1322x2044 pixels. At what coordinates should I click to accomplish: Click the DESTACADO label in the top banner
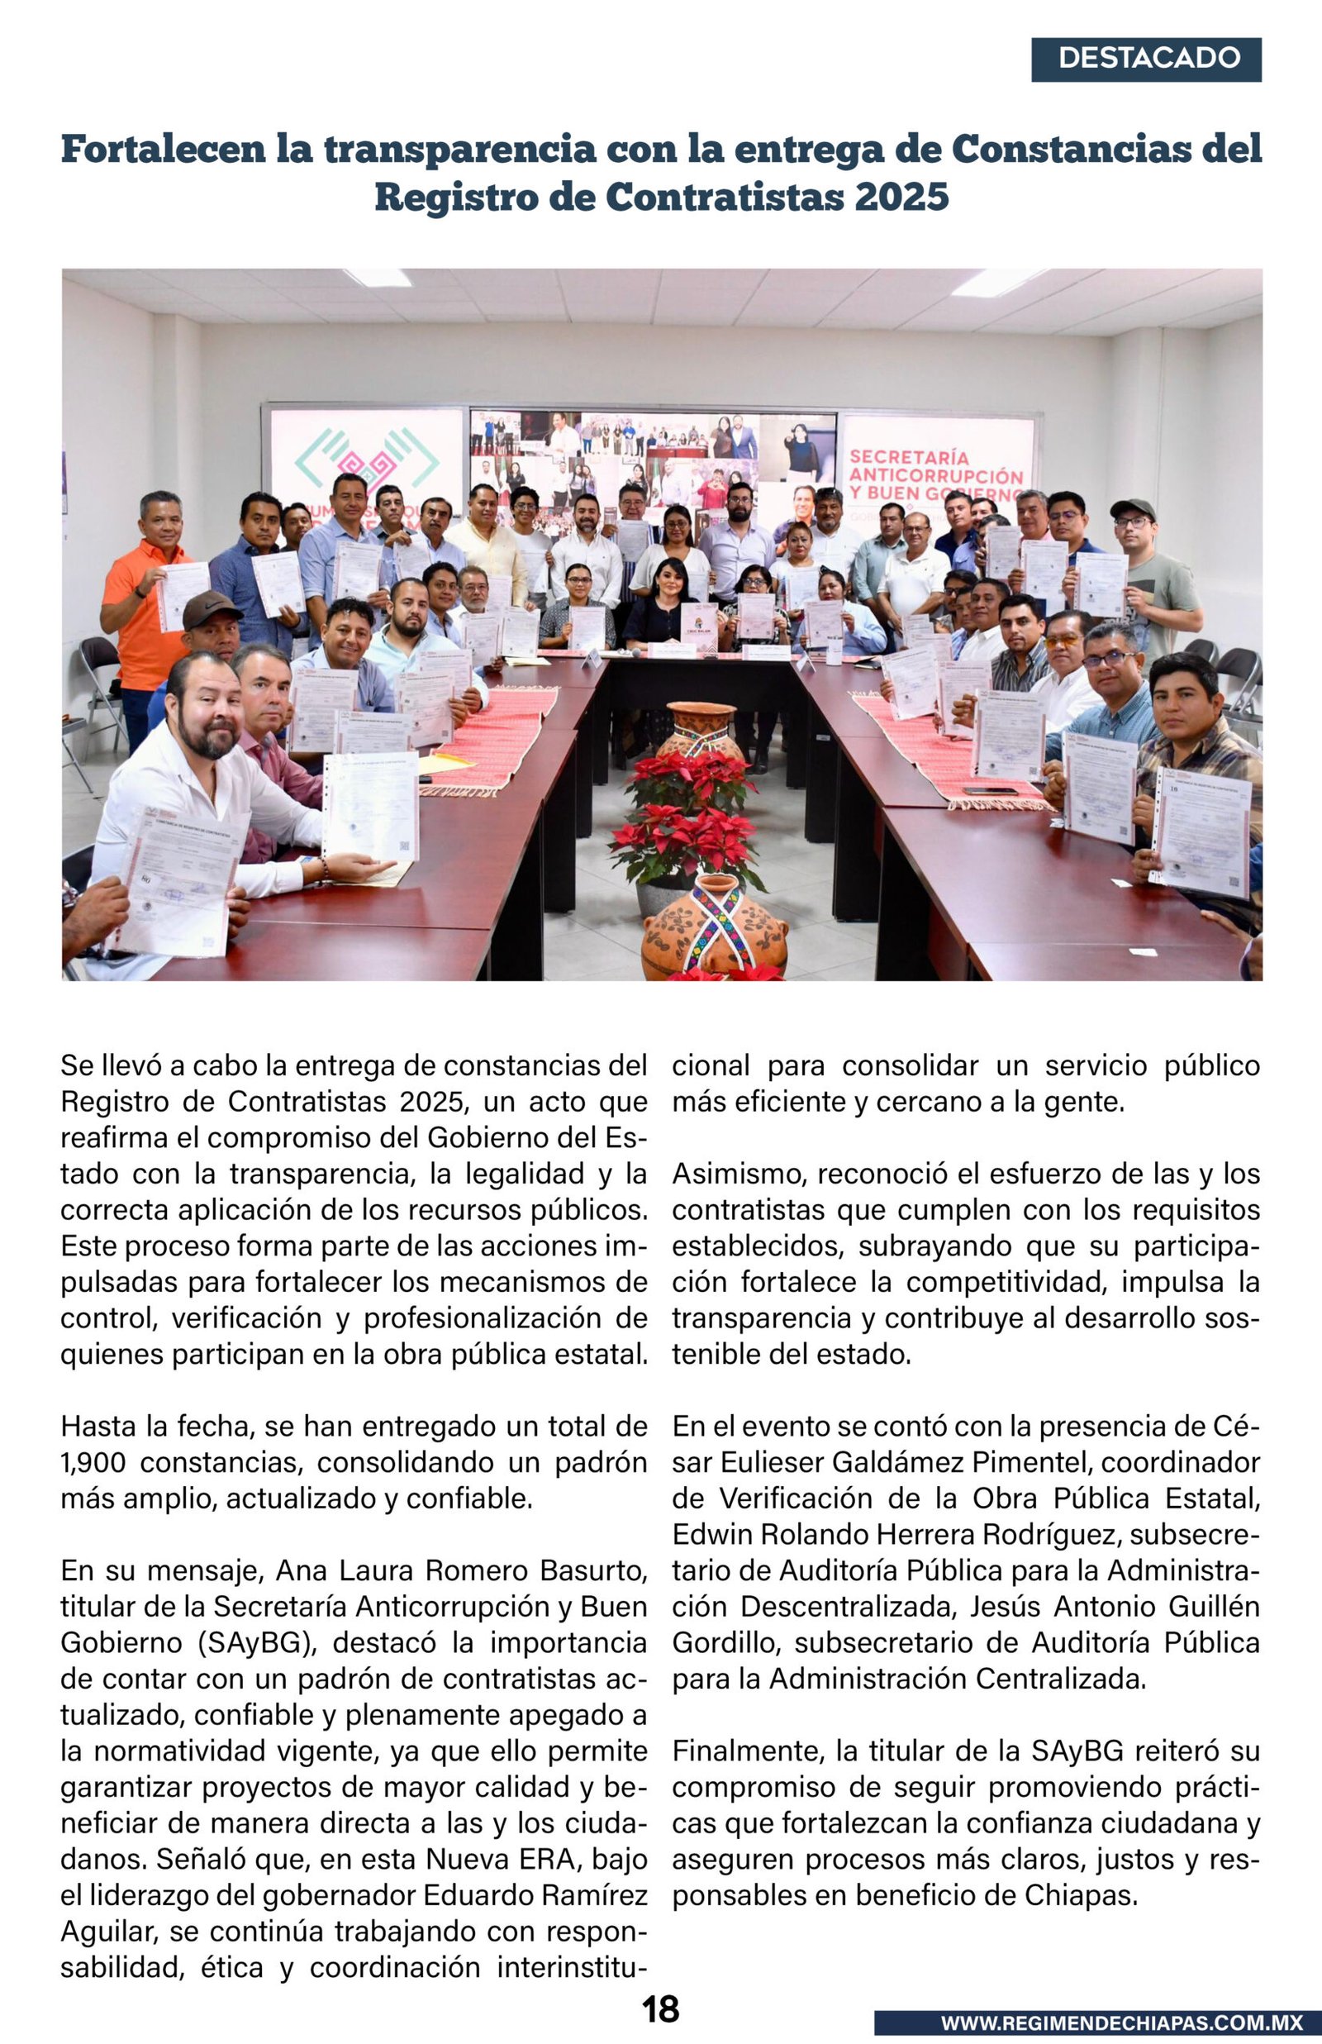pyautogui.click(x=1148, y=59)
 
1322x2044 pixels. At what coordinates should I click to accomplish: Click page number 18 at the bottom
pyautogui.click(x=660, y=2008)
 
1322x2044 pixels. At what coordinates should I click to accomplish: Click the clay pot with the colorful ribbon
pyautogui.click(x=715, y=931)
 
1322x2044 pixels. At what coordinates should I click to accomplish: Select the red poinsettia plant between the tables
pyautogui.click(x=687, y=824)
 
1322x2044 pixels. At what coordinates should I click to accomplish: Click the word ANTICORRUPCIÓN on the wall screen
pyautogui.click(x=935, y=475)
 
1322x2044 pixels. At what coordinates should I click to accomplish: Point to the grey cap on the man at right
pyautogui.click(x=1132, y=507)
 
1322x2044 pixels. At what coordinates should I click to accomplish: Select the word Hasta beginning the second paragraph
pyautogui.click(x=98, y=1426)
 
